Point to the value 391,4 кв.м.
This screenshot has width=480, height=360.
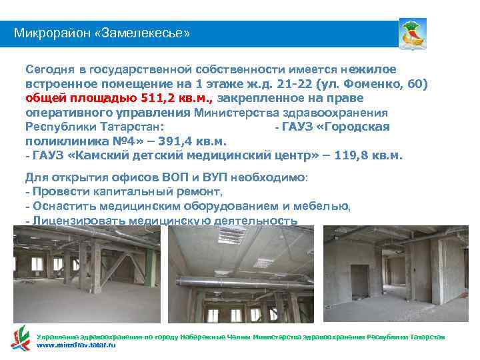(x=193, y=141)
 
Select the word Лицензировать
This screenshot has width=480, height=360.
(x=77, y=220)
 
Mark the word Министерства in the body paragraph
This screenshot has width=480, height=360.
(x=237, y=113)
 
